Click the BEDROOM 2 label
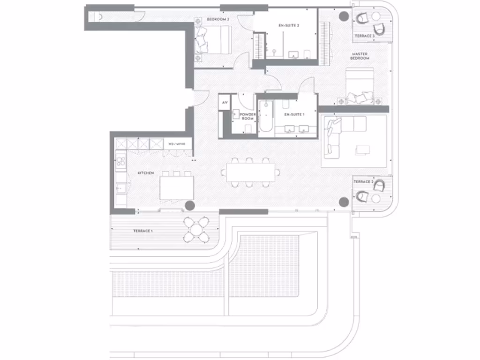tap(218, 20)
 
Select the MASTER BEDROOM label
tap(360, 56)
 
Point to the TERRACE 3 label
tap(364, 36)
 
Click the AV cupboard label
tap(225, 102)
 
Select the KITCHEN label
tap(145, 173)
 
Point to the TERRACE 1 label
tap(142, 231)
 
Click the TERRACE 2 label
tap(363, 181)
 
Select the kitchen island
tap(177, 188)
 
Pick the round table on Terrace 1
tap(197, 229)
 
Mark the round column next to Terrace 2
tap(344, 202)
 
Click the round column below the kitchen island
tap(189, 205)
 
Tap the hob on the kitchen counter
tap(121, 162)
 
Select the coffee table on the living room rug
tap(362, 149)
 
